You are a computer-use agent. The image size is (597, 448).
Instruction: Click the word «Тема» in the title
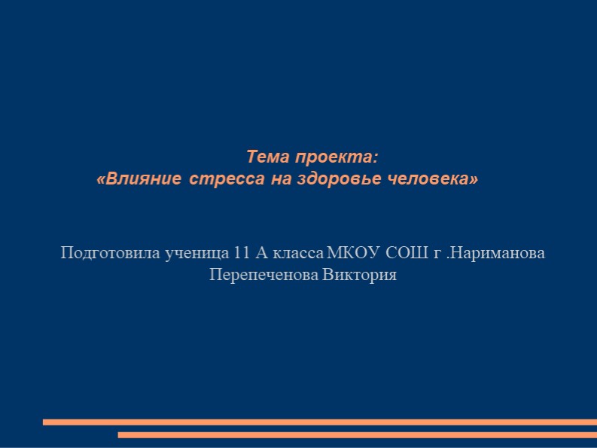pos(268,157)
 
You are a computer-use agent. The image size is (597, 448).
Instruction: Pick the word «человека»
pos(435,180)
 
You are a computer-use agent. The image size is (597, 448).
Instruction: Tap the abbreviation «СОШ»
pos(407,252)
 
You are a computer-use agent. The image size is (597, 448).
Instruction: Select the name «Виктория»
pos(359,275)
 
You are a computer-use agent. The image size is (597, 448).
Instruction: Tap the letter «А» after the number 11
pos(253,252)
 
